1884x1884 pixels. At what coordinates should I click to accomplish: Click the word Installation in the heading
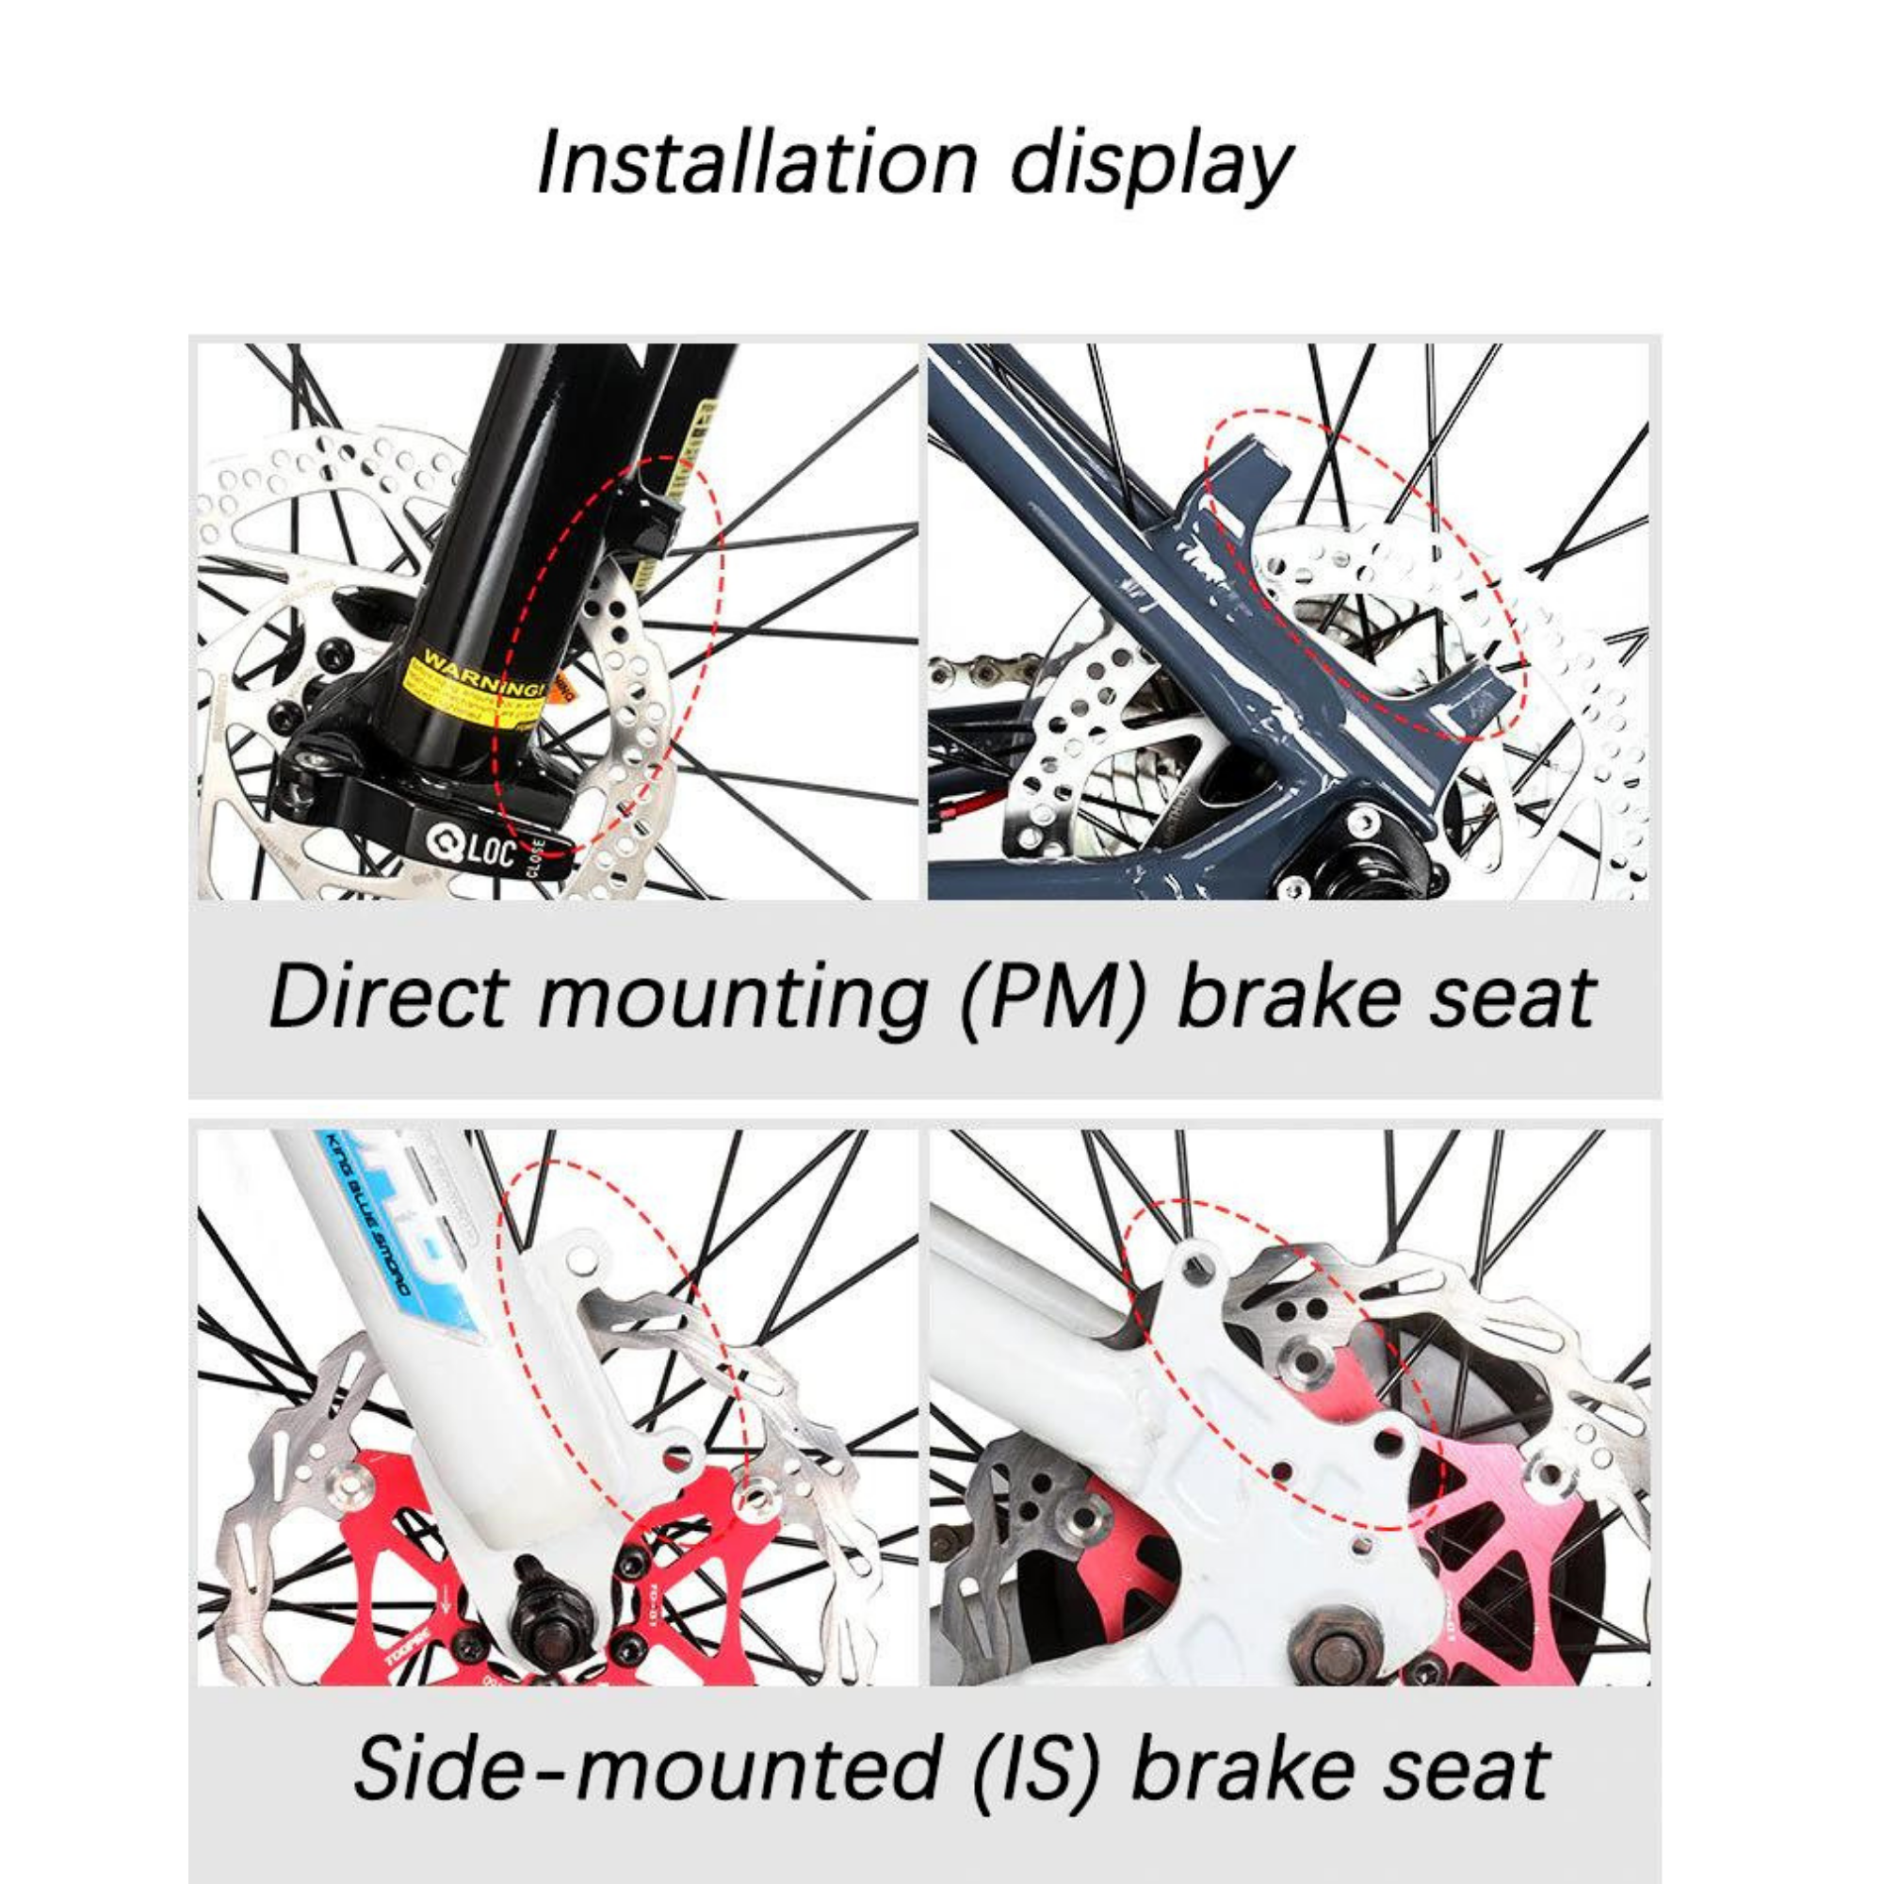coord(756,161)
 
